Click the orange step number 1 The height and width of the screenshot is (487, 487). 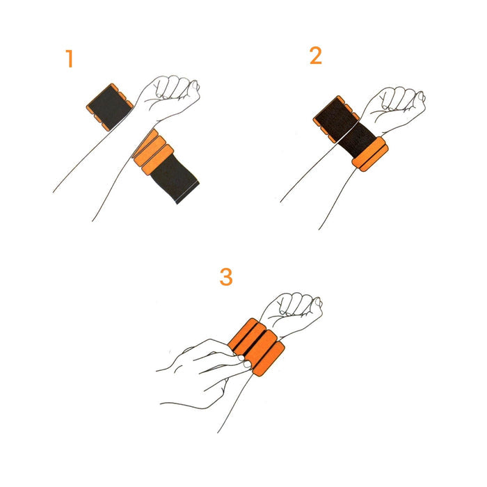pyautogui.click(x=70, y=58)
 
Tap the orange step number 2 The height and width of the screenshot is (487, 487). pyautogui.click(x=316, y=56)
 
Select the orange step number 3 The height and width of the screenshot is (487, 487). pyautogui.click(x=226, y=277)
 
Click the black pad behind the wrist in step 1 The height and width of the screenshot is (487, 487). pyautogui.click(x=109, y=107)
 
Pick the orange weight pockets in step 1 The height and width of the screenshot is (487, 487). pyautogui.click(x=153, y=152)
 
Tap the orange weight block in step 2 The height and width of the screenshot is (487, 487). pyautogui.click(x=370, y=154)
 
